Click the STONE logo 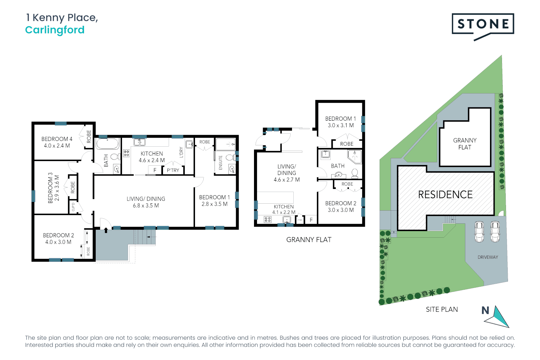point(483,24)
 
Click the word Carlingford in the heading point(55,30)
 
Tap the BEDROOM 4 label point(57,142)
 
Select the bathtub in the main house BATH point(107,144)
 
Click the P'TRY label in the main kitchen point(173,170)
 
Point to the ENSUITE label point(220,163)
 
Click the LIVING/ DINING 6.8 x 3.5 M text point(146,202)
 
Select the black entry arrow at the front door point(106,230)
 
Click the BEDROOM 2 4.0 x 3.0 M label point(58,239)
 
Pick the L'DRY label point(181,152)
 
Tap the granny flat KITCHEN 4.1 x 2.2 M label point(284,209)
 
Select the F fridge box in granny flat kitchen point(311,220)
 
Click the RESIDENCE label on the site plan point(445,195)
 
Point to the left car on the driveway point(479,232)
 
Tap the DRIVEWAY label point(488,257)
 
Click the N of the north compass point(485,311)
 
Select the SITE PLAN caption point(442,310)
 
